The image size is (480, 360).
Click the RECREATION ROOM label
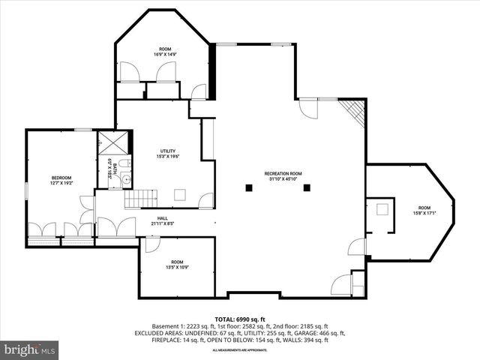click(x=282, y=174)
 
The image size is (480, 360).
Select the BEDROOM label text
click(x=40, y=178)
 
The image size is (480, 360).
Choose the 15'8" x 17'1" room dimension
click(x=424, y=213)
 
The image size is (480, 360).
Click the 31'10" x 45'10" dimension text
click(x=282, y=180)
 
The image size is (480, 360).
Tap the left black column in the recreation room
click(x=247, y=187)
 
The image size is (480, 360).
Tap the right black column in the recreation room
click(x=307, y=187)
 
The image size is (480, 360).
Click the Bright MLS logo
click(x=31, y=349)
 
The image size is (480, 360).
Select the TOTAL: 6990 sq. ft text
click(x=240, y=319)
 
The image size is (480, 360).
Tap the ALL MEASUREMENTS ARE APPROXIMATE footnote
click(x=240, y=350)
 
